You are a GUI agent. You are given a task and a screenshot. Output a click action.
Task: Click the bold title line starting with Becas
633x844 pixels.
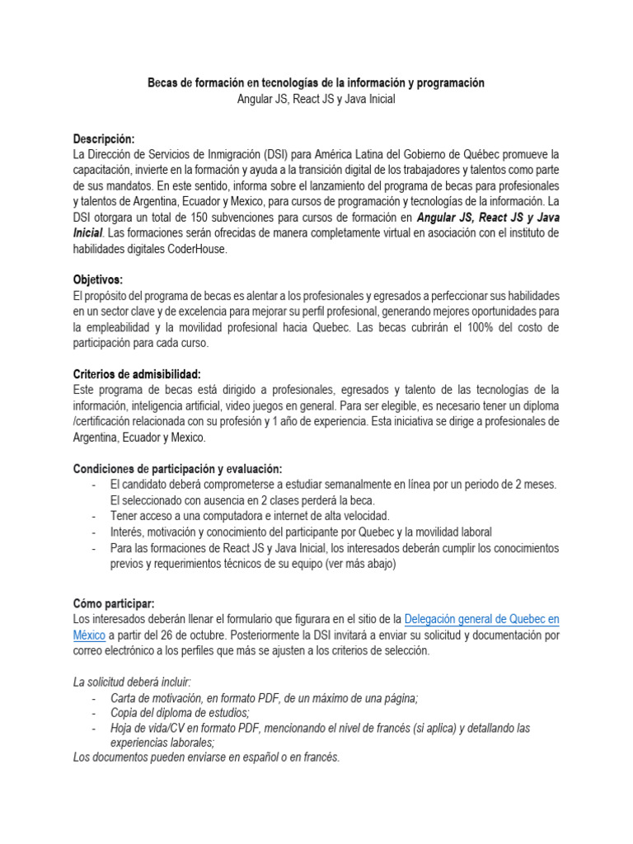[316, 83]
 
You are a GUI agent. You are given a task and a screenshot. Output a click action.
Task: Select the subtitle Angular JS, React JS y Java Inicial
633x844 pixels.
[316, 99]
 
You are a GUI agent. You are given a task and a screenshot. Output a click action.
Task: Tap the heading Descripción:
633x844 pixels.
[104, 138]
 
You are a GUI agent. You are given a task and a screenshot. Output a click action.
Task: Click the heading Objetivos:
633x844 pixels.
[97, 279]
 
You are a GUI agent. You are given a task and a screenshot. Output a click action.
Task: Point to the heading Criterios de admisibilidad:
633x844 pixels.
[137, 373]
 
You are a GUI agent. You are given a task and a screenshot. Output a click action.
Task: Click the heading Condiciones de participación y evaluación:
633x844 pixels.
[177, 468]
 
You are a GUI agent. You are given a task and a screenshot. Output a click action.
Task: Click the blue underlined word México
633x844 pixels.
[89, 635]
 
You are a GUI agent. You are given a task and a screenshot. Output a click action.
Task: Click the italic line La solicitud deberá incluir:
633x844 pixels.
[132, 682]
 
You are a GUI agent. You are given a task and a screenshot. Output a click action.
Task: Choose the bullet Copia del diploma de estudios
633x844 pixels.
[180, 713]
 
